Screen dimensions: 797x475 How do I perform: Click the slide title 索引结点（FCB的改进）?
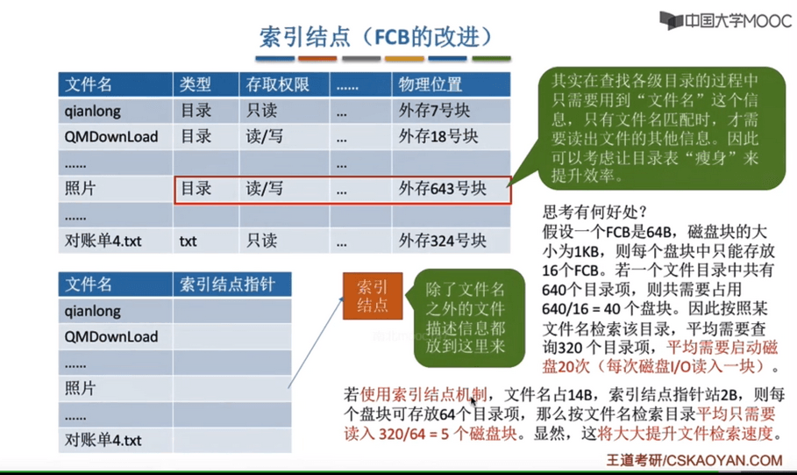point(376,37)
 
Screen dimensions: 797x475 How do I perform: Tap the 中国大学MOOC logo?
point(725,21)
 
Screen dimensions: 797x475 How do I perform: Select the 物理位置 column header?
point(430,84)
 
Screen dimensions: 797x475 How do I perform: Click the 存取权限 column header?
point(278,84)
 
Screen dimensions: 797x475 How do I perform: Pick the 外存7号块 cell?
point(434,111)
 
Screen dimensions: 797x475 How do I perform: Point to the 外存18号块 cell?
point(438,136)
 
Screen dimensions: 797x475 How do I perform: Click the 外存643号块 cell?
point(442,189)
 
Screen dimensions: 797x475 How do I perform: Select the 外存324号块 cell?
point(442,241)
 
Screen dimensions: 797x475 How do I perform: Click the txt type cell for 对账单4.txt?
point(188,241)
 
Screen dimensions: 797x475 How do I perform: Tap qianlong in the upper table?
point(93,111)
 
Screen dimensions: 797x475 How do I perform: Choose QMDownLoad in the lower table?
point(110,336)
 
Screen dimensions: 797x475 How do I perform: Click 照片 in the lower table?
point(80,388)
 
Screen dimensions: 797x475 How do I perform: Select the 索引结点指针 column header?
point(227,284)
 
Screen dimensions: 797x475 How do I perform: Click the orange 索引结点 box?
point(373,296)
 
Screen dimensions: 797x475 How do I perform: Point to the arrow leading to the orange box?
point(315,342)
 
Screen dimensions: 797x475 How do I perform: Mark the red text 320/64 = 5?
point(414,433)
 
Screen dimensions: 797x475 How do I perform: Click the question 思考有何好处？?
point(594,212)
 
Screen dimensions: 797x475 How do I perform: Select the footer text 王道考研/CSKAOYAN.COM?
point(694,460)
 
